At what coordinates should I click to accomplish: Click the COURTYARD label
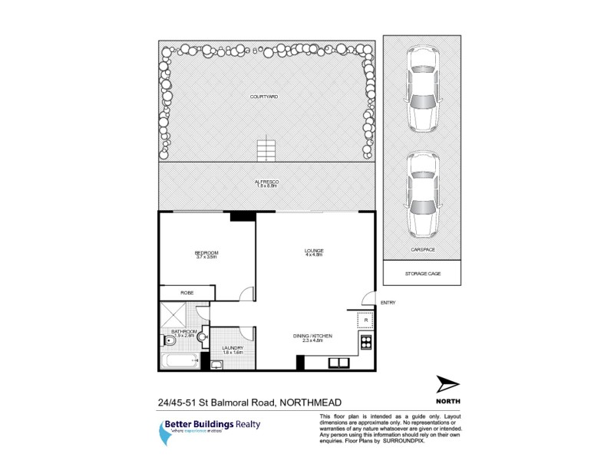coord(264,97)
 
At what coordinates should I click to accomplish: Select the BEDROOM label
coord(206,253)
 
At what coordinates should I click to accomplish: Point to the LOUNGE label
coord(313,251)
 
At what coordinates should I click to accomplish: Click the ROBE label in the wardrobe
coord(187,293)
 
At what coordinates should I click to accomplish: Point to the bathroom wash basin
coord(203,335)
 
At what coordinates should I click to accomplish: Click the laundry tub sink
coord(217,364)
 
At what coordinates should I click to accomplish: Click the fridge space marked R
coord(365,320)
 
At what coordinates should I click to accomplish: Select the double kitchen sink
coord(339,362)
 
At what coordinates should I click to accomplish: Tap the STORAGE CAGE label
coord(422,273)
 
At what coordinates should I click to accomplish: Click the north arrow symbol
coord(447,384)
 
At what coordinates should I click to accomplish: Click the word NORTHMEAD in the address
coord(310,402)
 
